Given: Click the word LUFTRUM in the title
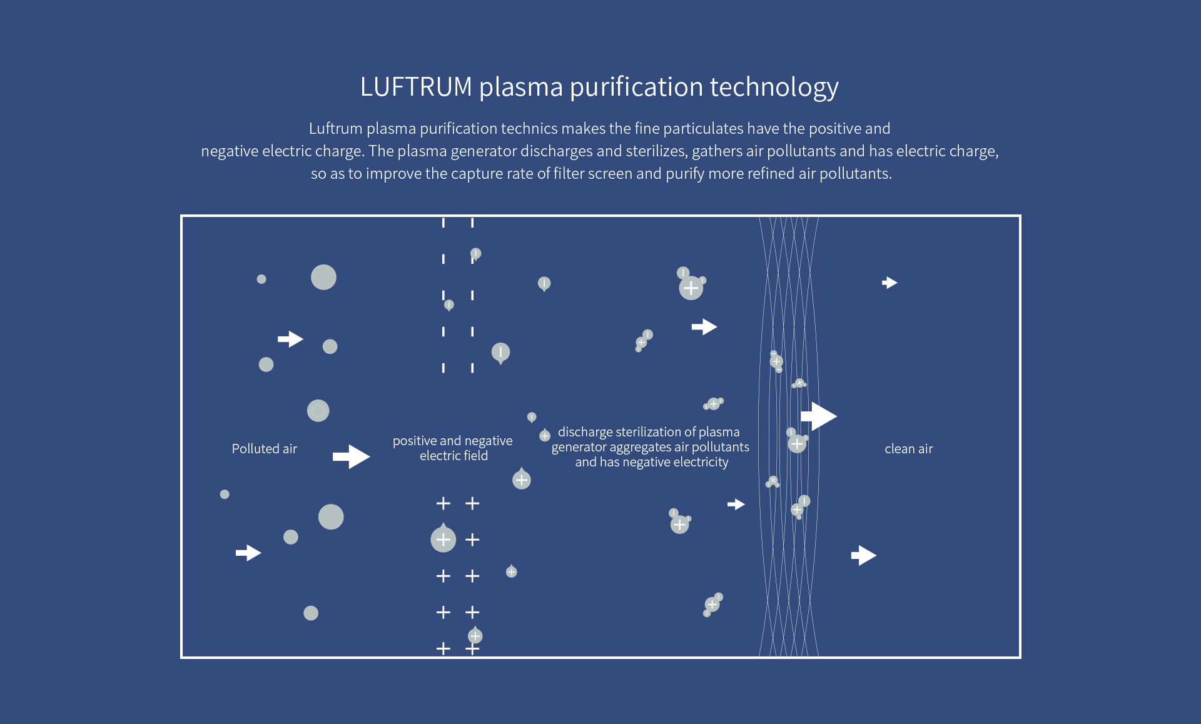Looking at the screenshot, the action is (x=416, y=87).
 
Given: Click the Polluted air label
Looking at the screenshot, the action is (x=264, y=449).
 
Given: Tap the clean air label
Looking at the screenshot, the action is (x=908, y=449).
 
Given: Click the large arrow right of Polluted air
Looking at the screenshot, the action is (x=352, y=456).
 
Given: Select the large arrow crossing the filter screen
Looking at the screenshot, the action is (x=819, y=416).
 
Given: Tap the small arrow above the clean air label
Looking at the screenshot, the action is (x=889, y=283).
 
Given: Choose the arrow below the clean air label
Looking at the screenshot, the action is (x=864, y=555).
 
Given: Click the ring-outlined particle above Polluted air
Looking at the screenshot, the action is (x=318, y=411).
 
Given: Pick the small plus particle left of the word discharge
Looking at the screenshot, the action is (x=545, y=435).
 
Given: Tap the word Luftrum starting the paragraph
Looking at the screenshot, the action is (x=336, y=129).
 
